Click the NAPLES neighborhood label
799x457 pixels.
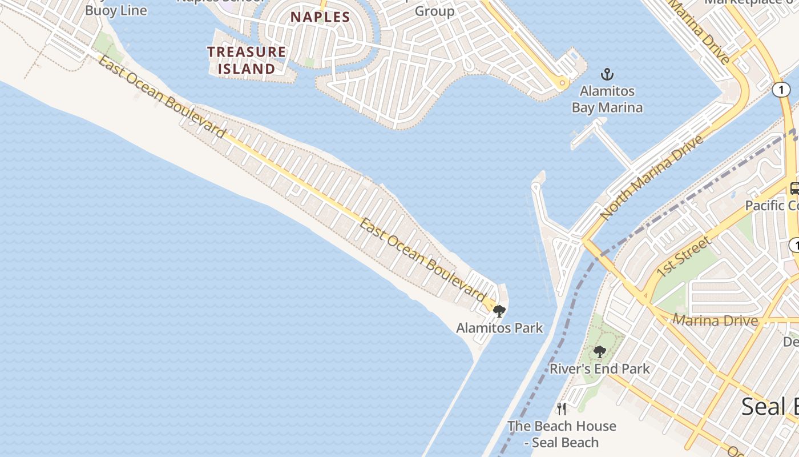(x=320, y=17)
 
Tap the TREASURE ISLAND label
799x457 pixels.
(x=247, y=60)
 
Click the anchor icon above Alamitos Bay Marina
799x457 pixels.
(x=607, y=74)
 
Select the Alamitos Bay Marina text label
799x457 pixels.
(x=607, y=99)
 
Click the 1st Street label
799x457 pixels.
(x=683, y=256)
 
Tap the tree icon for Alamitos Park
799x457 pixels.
(x=499, y=311)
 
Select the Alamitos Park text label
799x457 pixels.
(x=499, y=328)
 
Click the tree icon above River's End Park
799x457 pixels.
(x=599, y=352)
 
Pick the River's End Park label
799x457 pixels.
(x=599, y=368)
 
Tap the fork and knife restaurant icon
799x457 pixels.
(x=562, y=409)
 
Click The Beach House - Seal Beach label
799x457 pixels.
(x=562, y=434)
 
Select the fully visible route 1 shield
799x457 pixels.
(x=781, y=90)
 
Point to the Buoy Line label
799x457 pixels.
(x=116, y=10)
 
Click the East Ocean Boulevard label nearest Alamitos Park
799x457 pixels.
(x=422, y=260)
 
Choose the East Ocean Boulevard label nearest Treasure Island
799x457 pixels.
(x=162, y=97)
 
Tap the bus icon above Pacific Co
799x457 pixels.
(x=794, y=188)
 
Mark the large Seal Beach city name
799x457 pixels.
(x=769, y=407)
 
